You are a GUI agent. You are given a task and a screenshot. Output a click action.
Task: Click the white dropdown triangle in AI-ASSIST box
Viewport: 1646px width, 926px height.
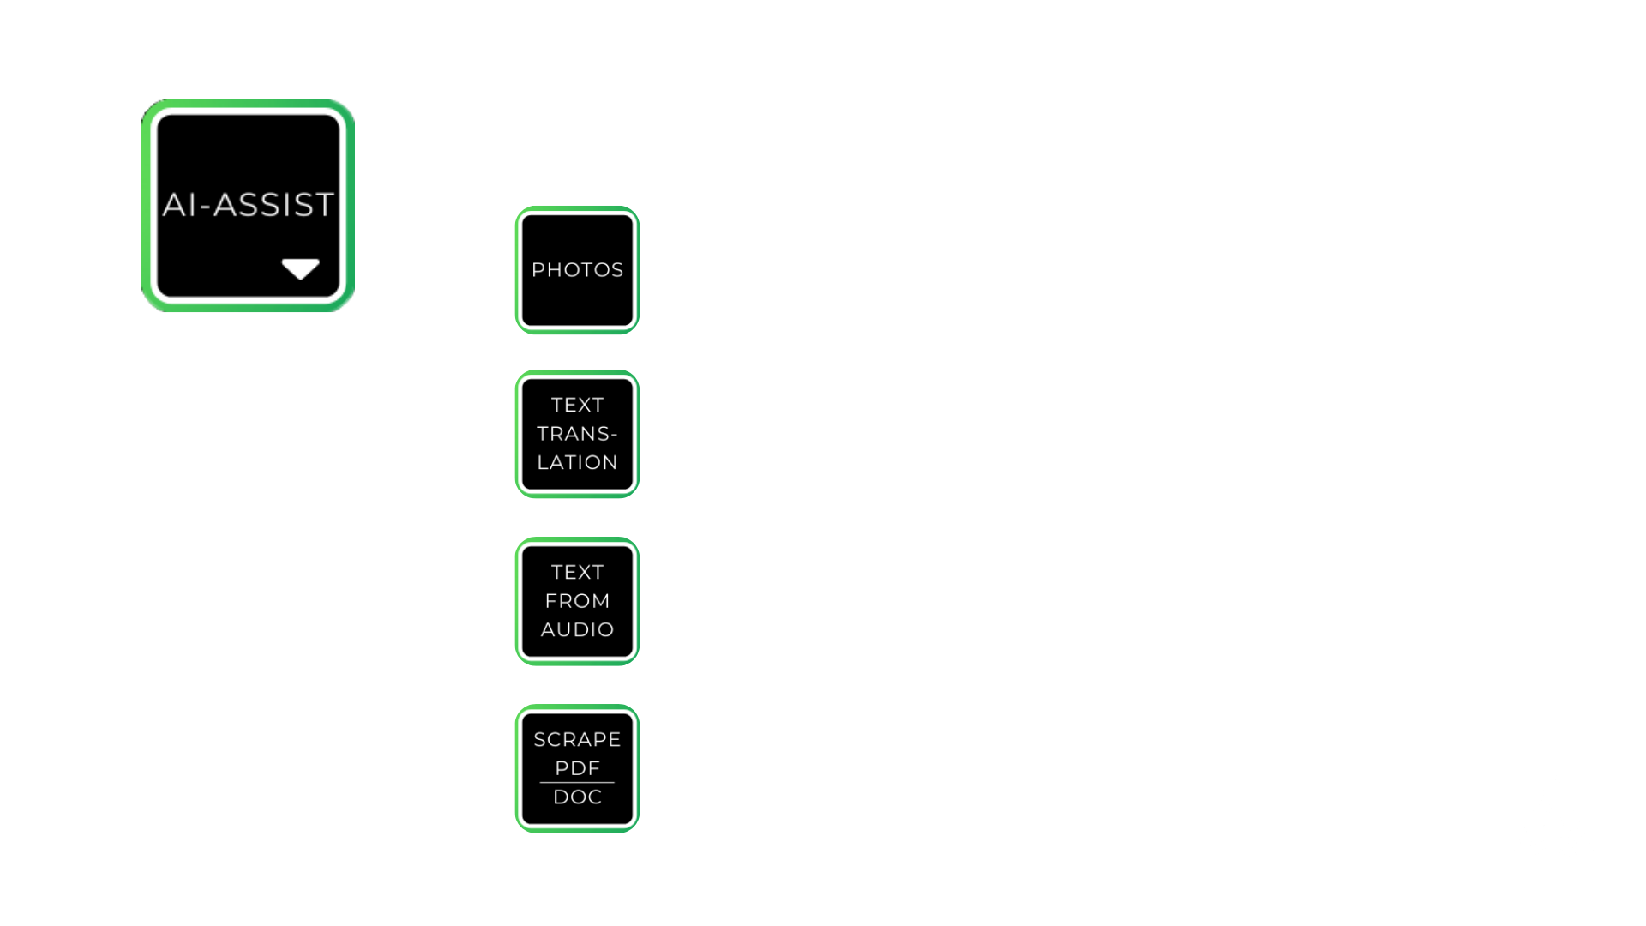[x=300, y=269]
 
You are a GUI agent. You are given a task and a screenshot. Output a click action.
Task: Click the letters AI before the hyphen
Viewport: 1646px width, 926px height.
[x=180, y=205]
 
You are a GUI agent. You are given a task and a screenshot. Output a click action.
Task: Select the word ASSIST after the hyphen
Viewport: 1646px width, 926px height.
[x=273, y=205]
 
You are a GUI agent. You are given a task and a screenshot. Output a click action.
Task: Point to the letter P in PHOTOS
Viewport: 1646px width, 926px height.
[x=538, y=270]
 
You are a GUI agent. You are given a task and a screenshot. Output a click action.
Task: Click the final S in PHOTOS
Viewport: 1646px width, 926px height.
[x=617, y=270]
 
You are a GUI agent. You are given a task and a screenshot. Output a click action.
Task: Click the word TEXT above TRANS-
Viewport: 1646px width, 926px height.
[x=577, y=405]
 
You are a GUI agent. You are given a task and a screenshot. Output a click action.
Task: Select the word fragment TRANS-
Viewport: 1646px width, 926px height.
[x=577, y=434]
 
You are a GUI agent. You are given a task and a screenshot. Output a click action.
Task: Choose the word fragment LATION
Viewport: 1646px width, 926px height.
[x=577, y=462]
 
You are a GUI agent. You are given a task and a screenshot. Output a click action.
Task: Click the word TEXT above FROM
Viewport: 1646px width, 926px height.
[x=577, y=572]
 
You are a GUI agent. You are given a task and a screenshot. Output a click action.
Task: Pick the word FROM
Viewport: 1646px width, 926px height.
[x=577, y=601]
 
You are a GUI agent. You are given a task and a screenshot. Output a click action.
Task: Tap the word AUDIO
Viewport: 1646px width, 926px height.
[x=577, y=629]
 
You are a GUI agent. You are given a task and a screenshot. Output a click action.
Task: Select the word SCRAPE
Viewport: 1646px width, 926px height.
[x=577, y=739]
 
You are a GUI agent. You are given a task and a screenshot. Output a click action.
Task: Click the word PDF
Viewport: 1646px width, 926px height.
[x=577, y=768]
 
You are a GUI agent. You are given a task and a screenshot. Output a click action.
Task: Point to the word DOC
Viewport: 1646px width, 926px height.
[x=577, y=797]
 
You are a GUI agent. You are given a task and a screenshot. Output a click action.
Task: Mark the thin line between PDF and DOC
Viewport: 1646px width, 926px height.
[x=577, y=783]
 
